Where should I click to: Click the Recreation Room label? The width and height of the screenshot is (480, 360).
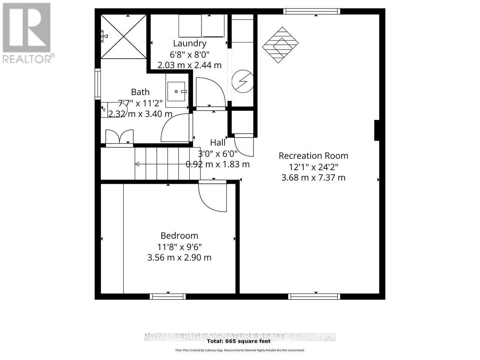(x=313, y=156)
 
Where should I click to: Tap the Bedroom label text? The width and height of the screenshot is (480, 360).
(x=179, y=236)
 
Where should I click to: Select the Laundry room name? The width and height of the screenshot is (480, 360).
(x=189, y=43)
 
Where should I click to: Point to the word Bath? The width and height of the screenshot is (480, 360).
(x=140, y=92)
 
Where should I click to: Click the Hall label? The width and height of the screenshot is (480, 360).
(x=218, y=142)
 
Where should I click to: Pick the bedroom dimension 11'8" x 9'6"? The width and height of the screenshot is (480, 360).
(x=179, y=247)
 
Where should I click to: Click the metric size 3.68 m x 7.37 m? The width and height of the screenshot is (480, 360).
(x=313, y=177)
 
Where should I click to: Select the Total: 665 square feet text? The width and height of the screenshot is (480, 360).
(x=238, y=341)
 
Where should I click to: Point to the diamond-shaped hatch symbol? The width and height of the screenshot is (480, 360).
(x=280, y=45)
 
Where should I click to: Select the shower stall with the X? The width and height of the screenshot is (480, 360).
(x=124, y=37)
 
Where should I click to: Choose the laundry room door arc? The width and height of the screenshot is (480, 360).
(x=210, y=92)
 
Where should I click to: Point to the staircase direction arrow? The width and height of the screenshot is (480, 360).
(x=138, y=164)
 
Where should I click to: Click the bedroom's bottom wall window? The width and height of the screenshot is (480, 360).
(x=168, y=296)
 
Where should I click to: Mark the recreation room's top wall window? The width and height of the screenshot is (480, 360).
(x=312, y=11)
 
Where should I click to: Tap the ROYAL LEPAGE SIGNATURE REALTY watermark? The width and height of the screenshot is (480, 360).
(x=240, y=336)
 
